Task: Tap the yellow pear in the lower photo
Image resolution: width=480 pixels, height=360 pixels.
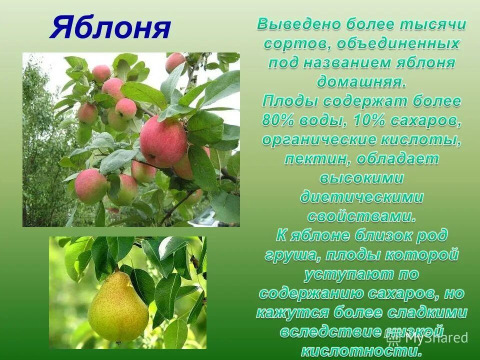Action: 118,307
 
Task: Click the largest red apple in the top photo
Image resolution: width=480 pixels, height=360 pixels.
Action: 163,141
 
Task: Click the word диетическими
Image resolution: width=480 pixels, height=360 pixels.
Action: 361,197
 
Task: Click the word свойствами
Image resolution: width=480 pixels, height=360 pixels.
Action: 361,217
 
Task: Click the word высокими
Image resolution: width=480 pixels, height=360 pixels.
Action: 361,178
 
